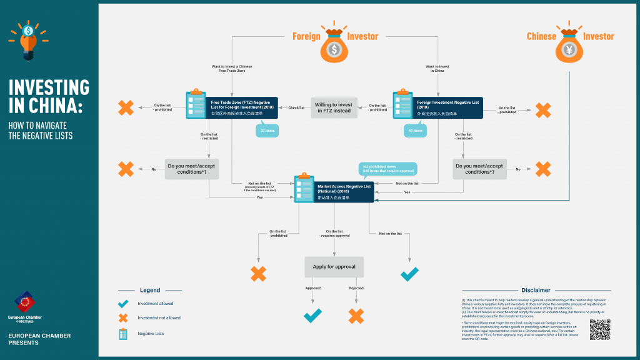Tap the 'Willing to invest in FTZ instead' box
coord(333,108)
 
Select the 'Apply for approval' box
coord(334,267)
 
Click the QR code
coord(599,329)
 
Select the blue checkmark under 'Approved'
coord(312,315)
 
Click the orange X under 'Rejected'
coord(356,316)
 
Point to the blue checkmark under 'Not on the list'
coord(409,274)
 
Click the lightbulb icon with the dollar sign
coord(27,39)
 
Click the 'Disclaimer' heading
coord(536,290)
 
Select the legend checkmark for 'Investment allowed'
coord(123,304)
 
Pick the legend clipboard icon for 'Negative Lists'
coord(123,334)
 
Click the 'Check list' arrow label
coord(296,107)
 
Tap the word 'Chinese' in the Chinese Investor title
coord(541,36)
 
